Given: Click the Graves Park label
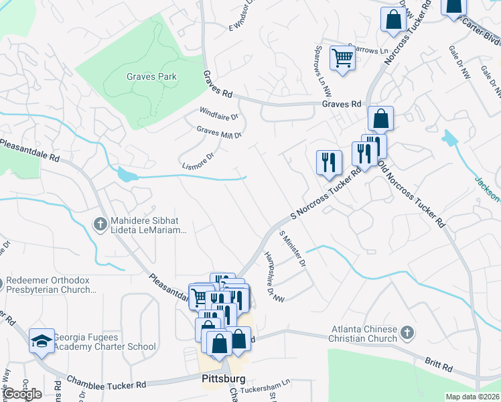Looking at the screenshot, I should click(x=151, y=76).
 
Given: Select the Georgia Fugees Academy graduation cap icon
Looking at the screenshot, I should click(x=42, y=340).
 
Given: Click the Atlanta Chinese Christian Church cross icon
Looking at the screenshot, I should click(x=407, y=332).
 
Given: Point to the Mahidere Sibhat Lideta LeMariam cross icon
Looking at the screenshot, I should click(x=100, y=224).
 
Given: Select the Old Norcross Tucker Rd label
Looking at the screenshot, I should click(x=412, y=192).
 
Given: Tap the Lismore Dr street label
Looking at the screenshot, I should click(x=198, y=161).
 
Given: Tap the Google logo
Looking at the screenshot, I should click(x=23, y=394).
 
